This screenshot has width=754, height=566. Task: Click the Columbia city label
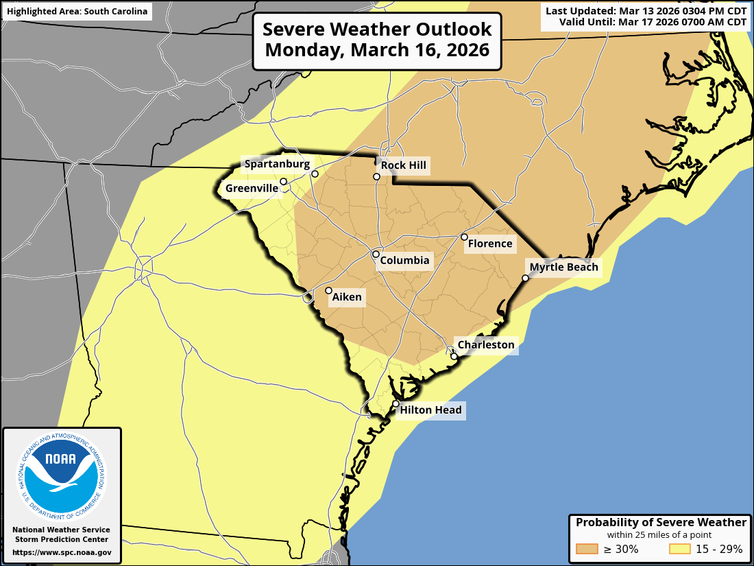pos(404,261)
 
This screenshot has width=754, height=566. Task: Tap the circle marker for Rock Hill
pos(376,177)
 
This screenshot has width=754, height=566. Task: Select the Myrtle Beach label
pos(563,268)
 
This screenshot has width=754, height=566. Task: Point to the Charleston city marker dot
pos(454,357)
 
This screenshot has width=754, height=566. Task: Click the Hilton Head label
pos(431,410)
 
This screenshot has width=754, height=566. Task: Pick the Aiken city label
pos(347,297)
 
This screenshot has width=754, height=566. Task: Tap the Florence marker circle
pos(464,237)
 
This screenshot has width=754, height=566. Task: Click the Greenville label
pos(252,188)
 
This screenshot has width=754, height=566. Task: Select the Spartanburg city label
pos(277,164)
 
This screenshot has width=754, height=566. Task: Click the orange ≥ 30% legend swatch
pos(587,549)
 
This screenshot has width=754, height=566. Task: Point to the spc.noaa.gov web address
pos(62,552)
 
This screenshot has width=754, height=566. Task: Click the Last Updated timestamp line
pos(646,10)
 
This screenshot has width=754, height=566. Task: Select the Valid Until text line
pos(652,22)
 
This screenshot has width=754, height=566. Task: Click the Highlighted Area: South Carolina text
pos(77,12)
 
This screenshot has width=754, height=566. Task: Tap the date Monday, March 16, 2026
pos(377,50)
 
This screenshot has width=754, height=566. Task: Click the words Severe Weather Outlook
pos(377,30)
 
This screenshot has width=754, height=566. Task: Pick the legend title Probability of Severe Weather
pos(661,523)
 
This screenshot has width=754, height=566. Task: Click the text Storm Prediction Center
pos(62,540)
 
